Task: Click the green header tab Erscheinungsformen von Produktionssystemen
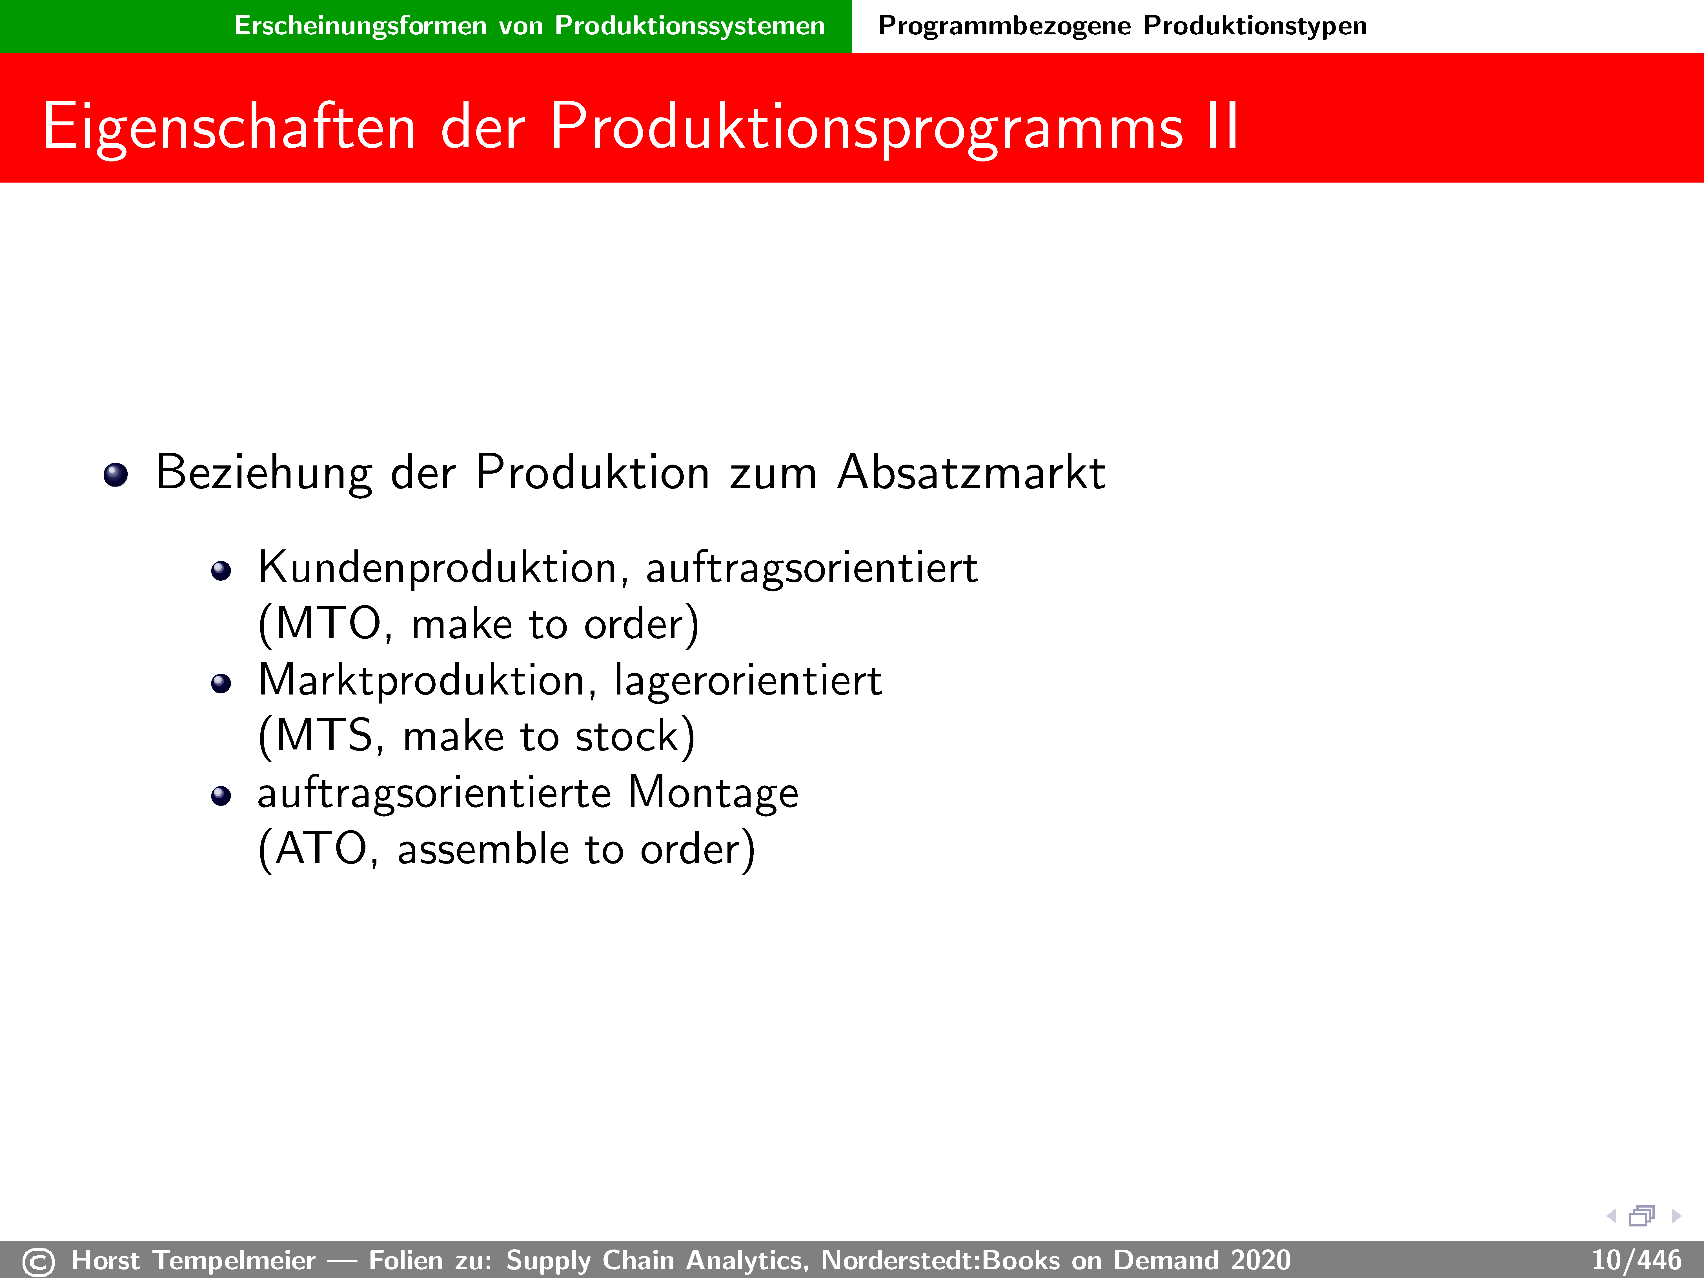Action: click(529, 25)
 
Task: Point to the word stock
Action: click(626, 736)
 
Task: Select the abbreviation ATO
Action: click(321, 849)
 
